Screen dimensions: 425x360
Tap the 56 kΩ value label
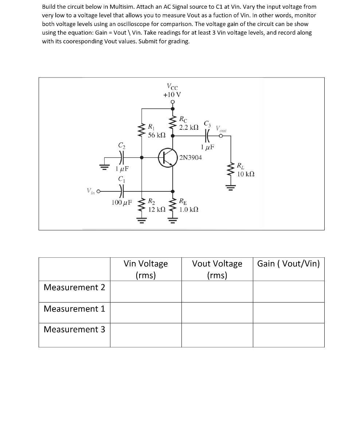click(x=157, y=135)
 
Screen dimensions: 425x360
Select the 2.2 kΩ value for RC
click(x=189, y=127)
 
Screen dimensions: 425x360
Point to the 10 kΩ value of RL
click(x=246, y=174)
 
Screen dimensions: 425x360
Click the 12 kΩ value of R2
click(x=157, y=209)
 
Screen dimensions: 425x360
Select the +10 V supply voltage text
click(x=172, y=94)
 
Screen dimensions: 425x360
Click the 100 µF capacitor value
click(x=122, y=202)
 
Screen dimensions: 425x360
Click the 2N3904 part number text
click(x=191, y=157)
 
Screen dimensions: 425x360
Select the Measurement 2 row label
click(x=74, y=287)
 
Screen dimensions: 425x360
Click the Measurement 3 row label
click(x=74, y=330)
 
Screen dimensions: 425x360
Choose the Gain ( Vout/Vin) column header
click(x=288, y=264)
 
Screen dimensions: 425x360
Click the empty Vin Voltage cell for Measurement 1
click(x=146, y=313)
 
